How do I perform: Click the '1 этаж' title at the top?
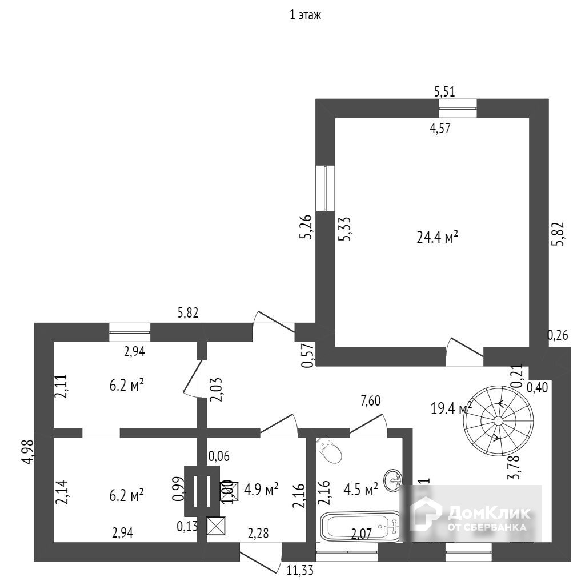[306, 15]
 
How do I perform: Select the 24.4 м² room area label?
[438, 237]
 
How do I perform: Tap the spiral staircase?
[498, 420]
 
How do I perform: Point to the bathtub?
[360, 526]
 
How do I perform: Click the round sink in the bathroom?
[393, 480]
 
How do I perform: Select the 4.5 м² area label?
[361, 490]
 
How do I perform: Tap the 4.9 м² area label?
[261, 488]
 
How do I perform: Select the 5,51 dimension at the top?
[445, 91]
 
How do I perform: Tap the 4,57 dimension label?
[440, 128]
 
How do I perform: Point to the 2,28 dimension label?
[259, 534]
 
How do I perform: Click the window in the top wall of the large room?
[458, 108]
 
